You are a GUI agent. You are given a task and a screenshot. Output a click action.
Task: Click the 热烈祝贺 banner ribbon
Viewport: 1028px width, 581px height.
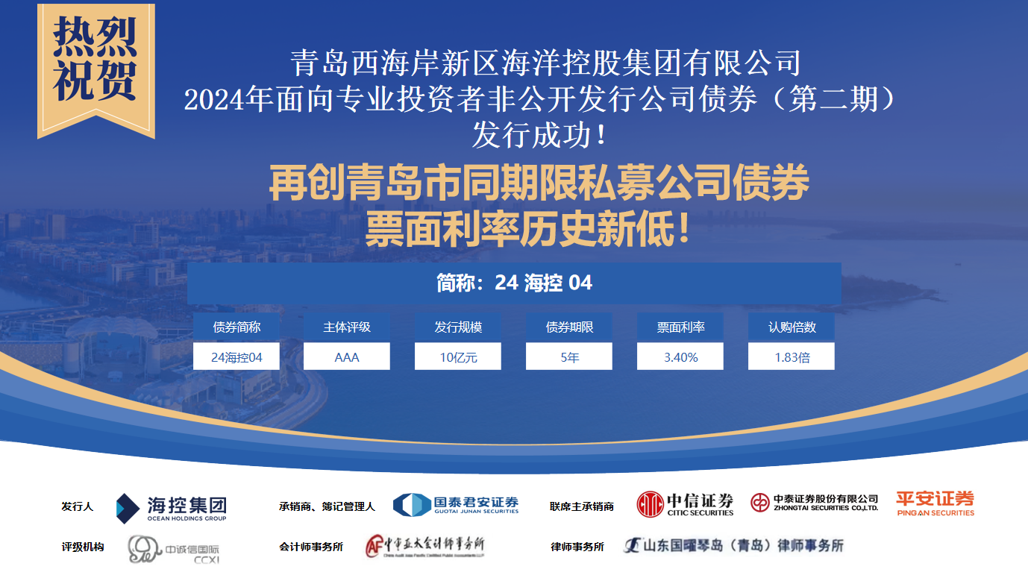coord(96,69)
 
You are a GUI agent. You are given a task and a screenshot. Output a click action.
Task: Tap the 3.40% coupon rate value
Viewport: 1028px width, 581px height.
coord(680,357)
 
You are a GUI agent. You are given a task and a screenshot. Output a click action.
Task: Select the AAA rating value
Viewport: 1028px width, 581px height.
coord(346,357)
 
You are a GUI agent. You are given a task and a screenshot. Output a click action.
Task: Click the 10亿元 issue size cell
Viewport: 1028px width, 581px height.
coord(458,357)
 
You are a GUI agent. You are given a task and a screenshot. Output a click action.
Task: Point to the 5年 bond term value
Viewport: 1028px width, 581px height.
coord(569,357)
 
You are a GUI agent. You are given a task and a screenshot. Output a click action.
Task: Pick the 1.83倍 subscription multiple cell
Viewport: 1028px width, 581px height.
coord(792,357)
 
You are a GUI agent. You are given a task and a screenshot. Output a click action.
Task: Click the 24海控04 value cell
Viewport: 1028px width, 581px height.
coord(236,357)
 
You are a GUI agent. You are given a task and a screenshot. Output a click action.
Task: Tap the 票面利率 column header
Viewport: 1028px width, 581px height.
coord(680,327)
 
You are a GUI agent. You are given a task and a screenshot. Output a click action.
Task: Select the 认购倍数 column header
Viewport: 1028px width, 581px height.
coord(792,327)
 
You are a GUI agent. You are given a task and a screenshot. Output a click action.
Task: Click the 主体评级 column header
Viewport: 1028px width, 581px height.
coord(346,327)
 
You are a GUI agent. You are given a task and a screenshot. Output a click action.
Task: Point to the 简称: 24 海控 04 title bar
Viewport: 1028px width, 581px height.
coord(514,283)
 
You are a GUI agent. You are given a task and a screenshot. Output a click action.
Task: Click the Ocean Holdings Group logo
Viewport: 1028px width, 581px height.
coord(171,508)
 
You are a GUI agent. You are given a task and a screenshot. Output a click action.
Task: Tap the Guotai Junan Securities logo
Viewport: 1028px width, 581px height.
coord(456,505)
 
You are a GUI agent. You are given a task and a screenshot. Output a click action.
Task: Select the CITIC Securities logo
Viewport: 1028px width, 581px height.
coord(685,504)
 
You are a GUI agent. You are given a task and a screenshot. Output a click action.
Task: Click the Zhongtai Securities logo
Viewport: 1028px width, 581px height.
coord(815,503)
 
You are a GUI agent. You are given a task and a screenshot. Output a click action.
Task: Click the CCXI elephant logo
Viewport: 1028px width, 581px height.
coord(174,549)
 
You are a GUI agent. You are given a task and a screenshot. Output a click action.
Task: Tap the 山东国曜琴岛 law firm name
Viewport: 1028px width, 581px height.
coord(733,545)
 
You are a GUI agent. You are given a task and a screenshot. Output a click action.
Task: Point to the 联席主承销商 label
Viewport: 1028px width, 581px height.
coord(581,506)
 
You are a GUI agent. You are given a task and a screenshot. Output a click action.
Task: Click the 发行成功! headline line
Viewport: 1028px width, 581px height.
coord(539,135)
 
